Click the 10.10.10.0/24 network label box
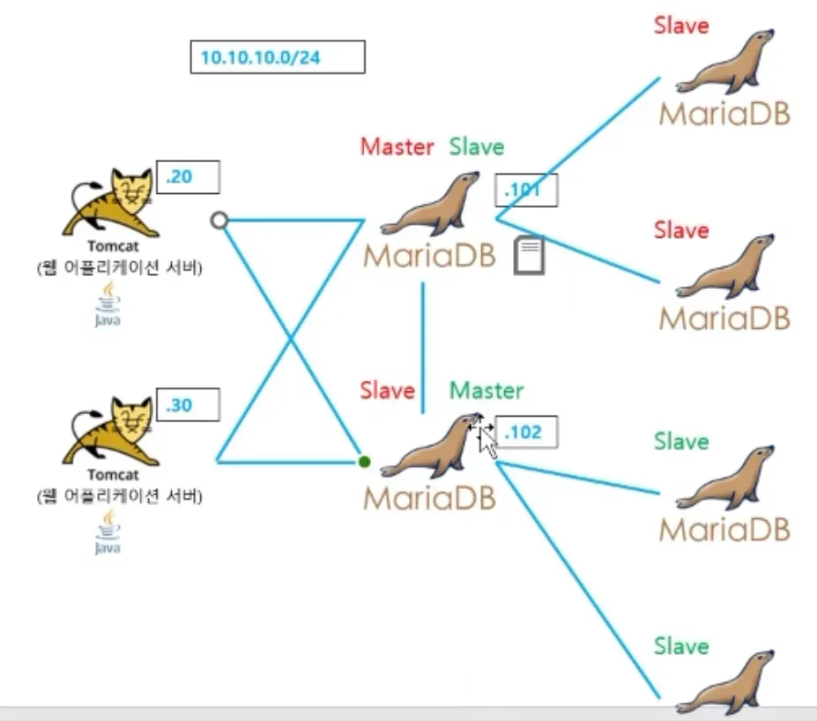coord(277,57)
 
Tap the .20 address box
coord(187,177)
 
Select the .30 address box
coord(187,406)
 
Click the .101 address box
coord(526,189)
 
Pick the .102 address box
coord(526,433)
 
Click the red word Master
coord(397,147)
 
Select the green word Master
coord(486,390)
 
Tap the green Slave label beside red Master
coord(477,147)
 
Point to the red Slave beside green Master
coord(387,390)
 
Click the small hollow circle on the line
coord(220,219)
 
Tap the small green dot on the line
coord(365,461)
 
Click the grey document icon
coord(529,256)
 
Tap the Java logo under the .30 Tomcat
coord(108,535)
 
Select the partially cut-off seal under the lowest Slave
coord(727,683)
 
